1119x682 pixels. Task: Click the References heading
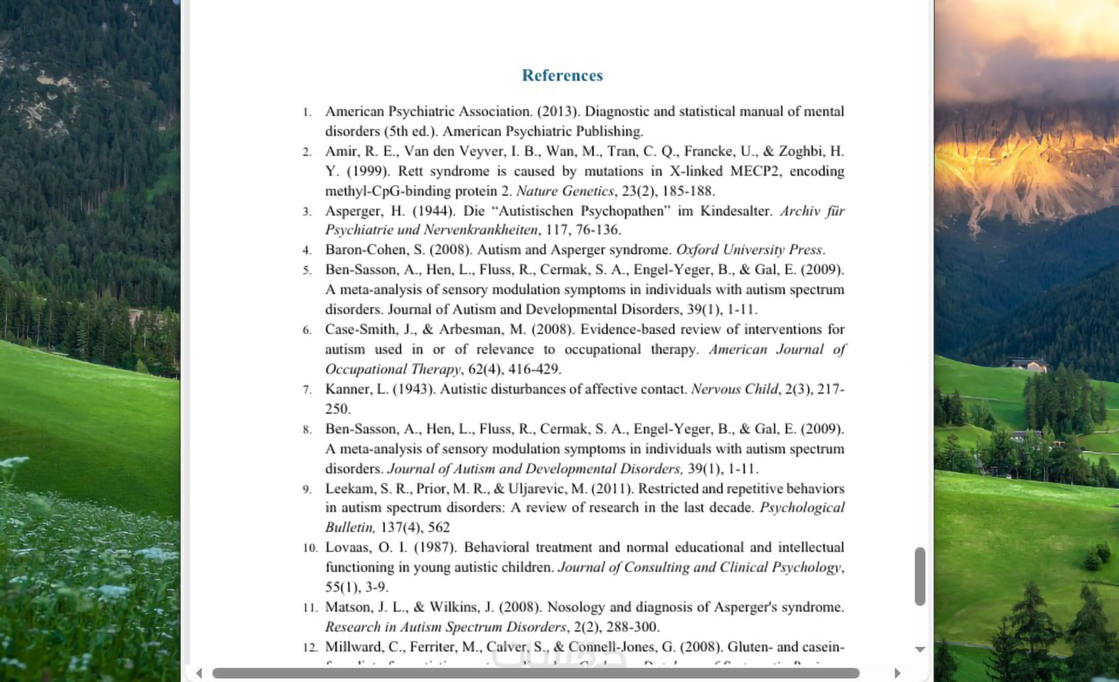pyautogui.click(x=562, y=75)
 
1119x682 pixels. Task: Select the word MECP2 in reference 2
pyautogui.click(x=754, y=171)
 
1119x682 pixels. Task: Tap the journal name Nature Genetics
pyautogui.click(x=565, y=191)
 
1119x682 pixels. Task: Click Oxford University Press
pyautogui.click(x=749, y=250)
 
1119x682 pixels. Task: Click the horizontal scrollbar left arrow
pyautogui.click(x=199, y=673)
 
